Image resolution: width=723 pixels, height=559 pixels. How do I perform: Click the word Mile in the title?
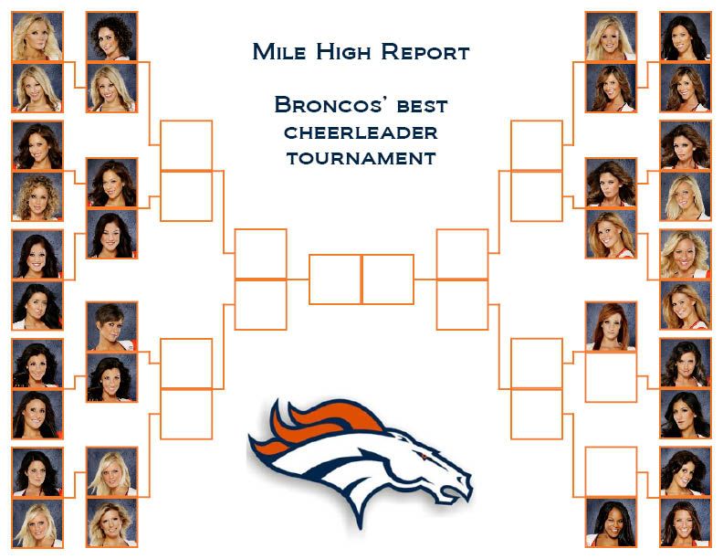[279, 51]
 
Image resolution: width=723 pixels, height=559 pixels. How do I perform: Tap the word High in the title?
[343, 51]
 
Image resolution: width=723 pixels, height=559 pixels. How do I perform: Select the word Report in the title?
[425, 51]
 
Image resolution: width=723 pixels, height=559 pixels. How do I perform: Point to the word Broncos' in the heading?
[329, 105]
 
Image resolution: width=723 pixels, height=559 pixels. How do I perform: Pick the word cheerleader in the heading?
[361, 132]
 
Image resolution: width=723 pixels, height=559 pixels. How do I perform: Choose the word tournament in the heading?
[361, 158]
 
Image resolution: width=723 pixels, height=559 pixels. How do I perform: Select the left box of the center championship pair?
[335, 279]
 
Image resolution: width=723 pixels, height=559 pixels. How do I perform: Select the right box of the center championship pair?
[388, 279]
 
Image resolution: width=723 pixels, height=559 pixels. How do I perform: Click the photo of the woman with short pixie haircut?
[111, 327]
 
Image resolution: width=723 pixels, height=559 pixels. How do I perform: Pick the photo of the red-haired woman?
[611, 327]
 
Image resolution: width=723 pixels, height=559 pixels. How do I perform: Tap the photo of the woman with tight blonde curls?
[37, 196]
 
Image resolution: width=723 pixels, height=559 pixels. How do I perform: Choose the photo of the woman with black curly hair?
[111, 37]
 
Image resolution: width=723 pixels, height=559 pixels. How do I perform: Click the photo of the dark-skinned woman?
[611, 523]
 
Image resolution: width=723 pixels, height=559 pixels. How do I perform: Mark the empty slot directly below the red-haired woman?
[611, 377]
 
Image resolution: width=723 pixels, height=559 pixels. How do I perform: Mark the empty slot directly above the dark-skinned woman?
[611, 472]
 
